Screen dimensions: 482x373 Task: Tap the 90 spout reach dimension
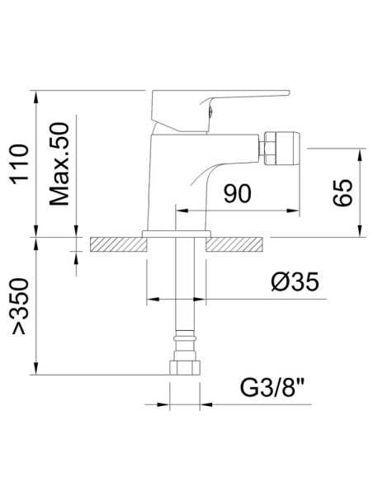click(x=236, y=194)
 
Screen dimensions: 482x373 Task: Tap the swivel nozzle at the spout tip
click(x=272, y=149)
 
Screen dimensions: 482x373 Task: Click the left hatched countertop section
click(x=115, y=244)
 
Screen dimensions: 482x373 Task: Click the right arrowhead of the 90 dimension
click(x=288, y=210)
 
